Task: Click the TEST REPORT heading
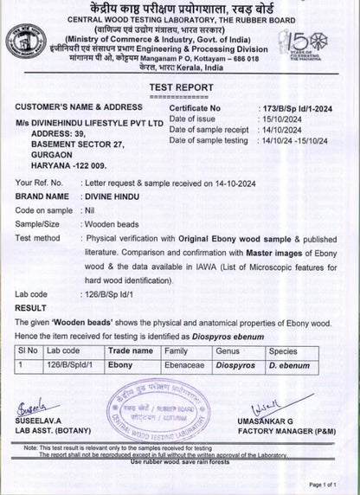179,88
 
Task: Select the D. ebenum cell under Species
286,367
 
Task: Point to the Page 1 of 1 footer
332,485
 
